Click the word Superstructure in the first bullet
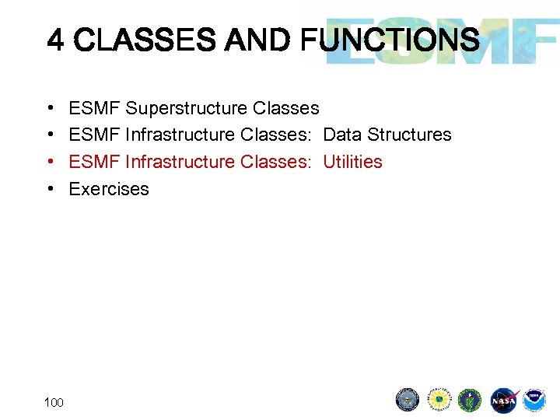coord(187,108)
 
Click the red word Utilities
coord(352,162)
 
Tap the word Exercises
coord(109,189)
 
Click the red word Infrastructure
coord(180,162)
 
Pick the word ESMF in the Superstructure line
coord(94,108)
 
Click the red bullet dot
coord(50,162)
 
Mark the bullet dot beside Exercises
coord(50,189)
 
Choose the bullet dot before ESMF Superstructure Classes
coord(50,108)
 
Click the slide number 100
coord(54,402)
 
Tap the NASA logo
coord(503,400)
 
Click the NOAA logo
coord(534,400)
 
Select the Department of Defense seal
coord(408,400)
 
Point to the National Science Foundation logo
coord(439,400)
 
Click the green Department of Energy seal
coord(471,400)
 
